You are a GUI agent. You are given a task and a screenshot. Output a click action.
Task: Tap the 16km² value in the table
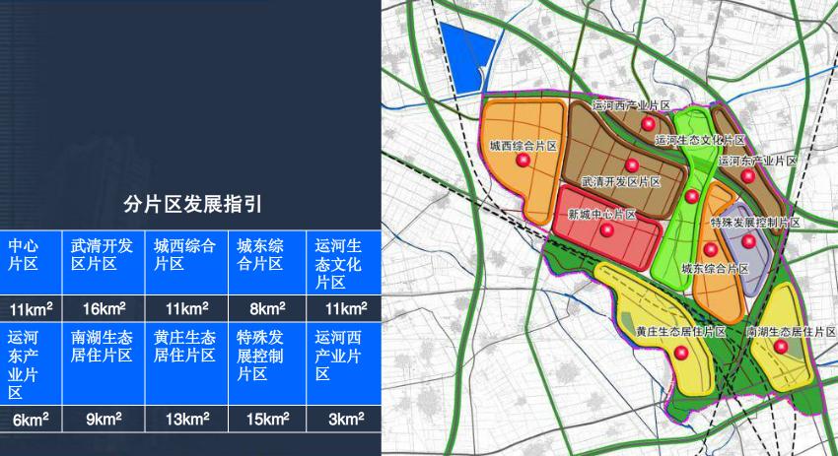coord(103,308)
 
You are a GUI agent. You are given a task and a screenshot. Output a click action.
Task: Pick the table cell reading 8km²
coord(268,308)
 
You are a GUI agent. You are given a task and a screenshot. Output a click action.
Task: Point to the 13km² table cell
coord(185,419)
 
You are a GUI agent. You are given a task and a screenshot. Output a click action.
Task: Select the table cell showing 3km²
coord(346,419)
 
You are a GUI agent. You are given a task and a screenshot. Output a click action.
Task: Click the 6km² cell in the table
coord(31,419)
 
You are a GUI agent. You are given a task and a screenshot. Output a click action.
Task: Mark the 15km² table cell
coord(268,419)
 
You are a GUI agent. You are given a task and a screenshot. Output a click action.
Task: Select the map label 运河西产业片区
coord(632,104)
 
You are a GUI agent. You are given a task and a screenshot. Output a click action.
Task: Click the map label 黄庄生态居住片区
coord(680,332)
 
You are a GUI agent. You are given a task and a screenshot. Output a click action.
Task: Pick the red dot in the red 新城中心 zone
coord(607,230)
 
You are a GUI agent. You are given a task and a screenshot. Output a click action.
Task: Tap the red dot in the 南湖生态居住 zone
coord(781,348)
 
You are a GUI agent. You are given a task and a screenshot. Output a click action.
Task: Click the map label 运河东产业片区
coord(757,160)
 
